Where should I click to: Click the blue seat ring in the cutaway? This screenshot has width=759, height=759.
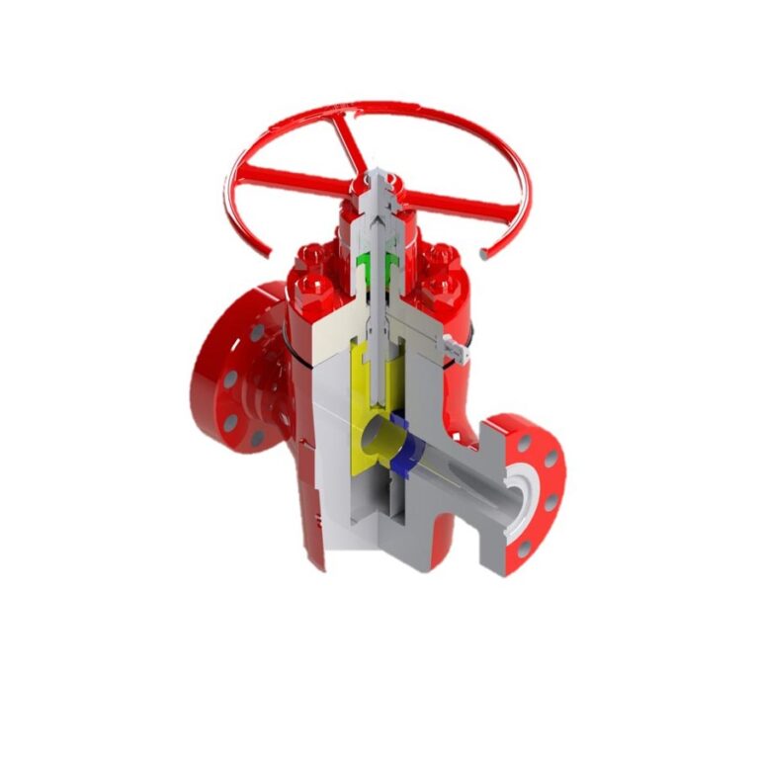point(402,450)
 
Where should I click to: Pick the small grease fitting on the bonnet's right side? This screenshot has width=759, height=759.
point(454,346)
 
